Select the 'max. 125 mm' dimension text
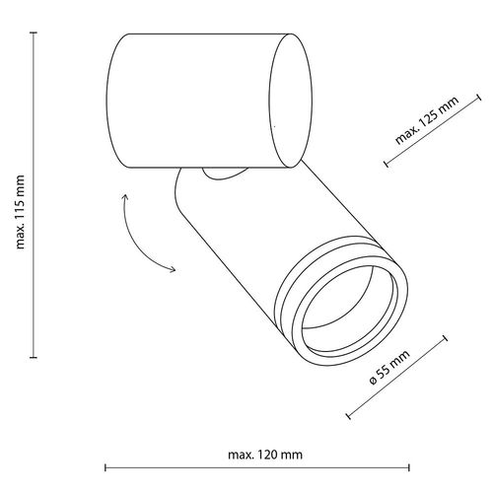point(427,121)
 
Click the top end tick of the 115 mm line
point(33,33)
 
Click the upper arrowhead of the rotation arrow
point(125,198)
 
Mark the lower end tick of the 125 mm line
point(386,165)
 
